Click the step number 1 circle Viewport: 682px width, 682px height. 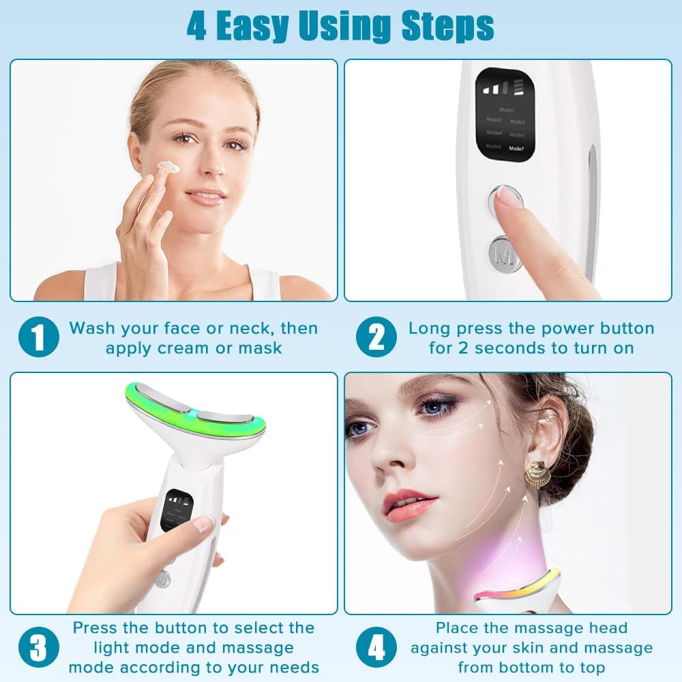39,338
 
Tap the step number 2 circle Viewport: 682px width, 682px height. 376,338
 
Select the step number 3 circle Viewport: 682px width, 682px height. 39,648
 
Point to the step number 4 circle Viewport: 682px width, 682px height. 376,648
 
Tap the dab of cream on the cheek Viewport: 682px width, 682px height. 168,167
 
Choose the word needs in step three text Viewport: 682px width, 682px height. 295,667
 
